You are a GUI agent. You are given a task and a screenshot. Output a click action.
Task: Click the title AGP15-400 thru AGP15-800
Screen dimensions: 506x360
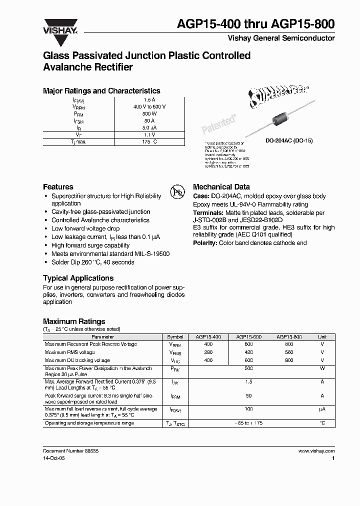click(x=263, y=24)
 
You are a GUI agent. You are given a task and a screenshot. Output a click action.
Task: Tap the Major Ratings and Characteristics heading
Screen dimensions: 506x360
click(x=101, y=91)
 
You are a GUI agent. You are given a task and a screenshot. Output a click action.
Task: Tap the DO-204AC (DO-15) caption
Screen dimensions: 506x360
click(x=288, y=141)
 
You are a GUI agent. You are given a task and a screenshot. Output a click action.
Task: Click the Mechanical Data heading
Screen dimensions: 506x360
click(x=221, y=186)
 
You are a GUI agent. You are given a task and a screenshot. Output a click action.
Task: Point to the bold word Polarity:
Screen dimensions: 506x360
click(x=205, y=243)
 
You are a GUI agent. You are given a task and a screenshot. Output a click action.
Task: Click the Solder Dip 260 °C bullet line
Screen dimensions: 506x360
click(x=92, y=262)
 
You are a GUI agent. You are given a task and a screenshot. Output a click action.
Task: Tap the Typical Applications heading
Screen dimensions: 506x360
click(x=78, y=278)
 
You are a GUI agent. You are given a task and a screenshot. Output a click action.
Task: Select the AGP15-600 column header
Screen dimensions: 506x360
click(x=248, y=337)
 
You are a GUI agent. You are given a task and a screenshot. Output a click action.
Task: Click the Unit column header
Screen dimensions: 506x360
click(x=322, y=337)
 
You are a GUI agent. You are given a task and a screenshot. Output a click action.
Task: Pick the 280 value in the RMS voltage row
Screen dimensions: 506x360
click(x=208, y=352)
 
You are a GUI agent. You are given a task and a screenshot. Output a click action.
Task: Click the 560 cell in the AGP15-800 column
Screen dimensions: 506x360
click(x=289, y=352)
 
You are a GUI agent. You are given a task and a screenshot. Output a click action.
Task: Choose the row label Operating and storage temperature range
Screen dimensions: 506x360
click(x=89, y=423)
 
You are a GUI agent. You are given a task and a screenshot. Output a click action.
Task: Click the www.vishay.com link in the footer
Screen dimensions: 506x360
click(x=316, y=450)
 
